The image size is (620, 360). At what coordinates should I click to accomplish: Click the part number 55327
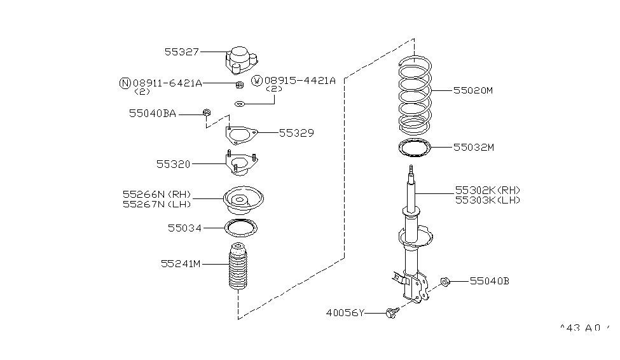[x=181, y=52]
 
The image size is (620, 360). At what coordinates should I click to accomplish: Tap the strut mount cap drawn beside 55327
[x=242, y=60]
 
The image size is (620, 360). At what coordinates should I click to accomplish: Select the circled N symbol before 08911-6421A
[x=125, y=83]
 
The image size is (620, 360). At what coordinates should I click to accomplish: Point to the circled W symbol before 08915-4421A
[x=257, y=81]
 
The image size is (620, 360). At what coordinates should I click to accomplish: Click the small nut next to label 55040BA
[x=207, y=113]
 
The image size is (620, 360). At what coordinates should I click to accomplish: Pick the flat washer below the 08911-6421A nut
[x=240, y=104]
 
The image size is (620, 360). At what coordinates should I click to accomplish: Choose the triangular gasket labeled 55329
[x=241, y=135]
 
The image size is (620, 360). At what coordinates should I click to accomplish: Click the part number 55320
[x=173, y=164]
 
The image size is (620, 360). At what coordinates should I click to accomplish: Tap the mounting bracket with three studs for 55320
[x=242, y=163]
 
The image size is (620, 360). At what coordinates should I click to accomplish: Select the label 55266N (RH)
[x=157, y=194]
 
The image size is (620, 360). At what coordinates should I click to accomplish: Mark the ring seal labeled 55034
[x=241, y=228]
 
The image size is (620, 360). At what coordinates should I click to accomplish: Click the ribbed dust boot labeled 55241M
[x=238, y=266]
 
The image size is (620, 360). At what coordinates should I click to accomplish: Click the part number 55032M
[x=473, y=148]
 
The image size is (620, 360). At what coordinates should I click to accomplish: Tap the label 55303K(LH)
[x=488, y=200]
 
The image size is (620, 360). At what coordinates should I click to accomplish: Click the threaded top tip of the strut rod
[x=411, y=167]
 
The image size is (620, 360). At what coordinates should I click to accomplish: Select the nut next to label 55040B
[x=445, y=282]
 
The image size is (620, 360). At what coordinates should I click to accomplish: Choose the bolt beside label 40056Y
[x=391, y=314]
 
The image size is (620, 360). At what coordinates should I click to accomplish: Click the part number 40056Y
[x=345, y=313]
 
